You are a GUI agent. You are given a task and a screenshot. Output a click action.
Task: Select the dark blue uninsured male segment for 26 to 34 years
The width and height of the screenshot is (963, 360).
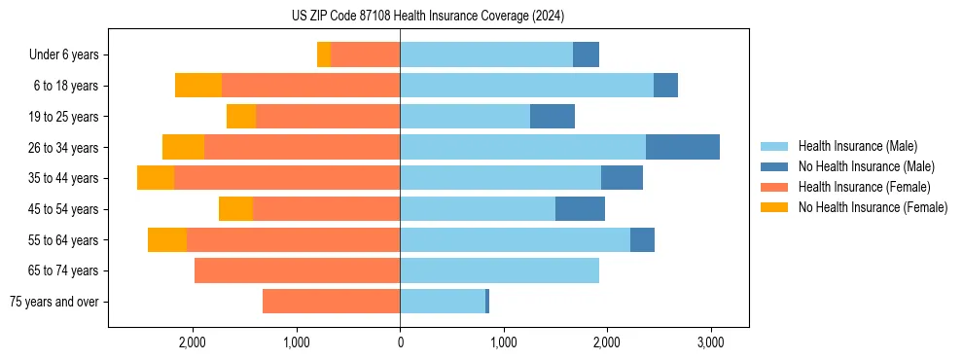682,147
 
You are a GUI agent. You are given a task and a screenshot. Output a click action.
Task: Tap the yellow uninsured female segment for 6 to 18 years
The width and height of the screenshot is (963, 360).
197,86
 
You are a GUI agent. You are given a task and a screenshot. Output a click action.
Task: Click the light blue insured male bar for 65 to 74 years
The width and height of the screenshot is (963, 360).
499,270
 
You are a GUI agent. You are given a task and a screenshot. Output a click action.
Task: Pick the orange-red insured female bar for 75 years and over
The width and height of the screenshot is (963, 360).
331,302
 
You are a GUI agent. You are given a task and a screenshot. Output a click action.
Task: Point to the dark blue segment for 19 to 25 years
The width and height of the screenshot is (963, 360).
552,117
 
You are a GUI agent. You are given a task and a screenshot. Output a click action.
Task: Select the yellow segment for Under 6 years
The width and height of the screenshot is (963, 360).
324,54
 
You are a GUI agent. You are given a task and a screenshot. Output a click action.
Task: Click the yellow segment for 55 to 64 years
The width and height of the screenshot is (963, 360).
167,239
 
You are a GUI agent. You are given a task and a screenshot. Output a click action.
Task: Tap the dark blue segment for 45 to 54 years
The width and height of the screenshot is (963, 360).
580,209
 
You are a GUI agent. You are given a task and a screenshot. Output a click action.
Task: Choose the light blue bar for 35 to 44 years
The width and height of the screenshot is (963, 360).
500,178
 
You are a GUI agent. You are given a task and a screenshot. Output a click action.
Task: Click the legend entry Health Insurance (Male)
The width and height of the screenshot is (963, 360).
857,147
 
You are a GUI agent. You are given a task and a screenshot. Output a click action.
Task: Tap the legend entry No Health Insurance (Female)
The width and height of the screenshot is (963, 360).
873,207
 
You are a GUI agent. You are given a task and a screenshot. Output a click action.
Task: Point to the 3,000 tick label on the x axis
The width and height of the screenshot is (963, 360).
710,342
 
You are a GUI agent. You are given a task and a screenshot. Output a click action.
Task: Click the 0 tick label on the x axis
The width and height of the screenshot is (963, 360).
400,342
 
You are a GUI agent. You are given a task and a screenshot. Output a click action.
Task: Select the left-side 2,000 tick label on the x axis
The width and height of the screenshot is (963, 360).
193,342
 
